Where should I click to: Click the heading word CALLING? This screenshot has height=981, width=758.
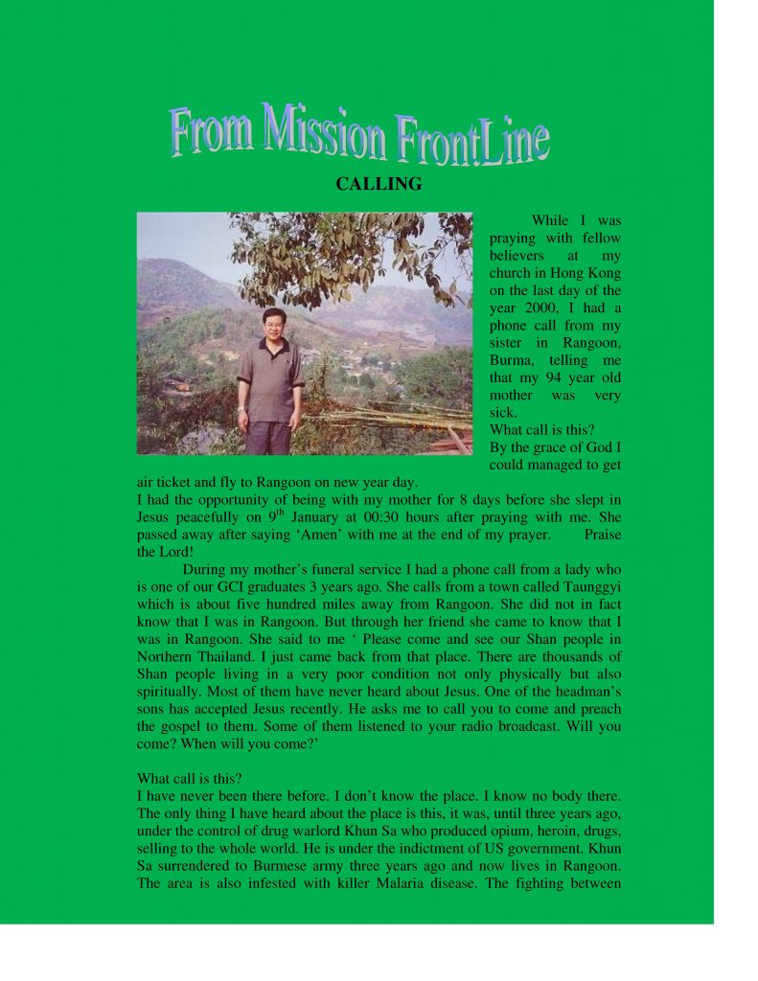(x=379, y=184)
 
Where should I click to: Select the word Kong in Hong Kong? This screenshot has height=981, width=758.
(x=604, y=273)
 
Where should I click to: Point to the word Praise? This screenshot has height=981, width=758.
(x=602, y=535)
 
